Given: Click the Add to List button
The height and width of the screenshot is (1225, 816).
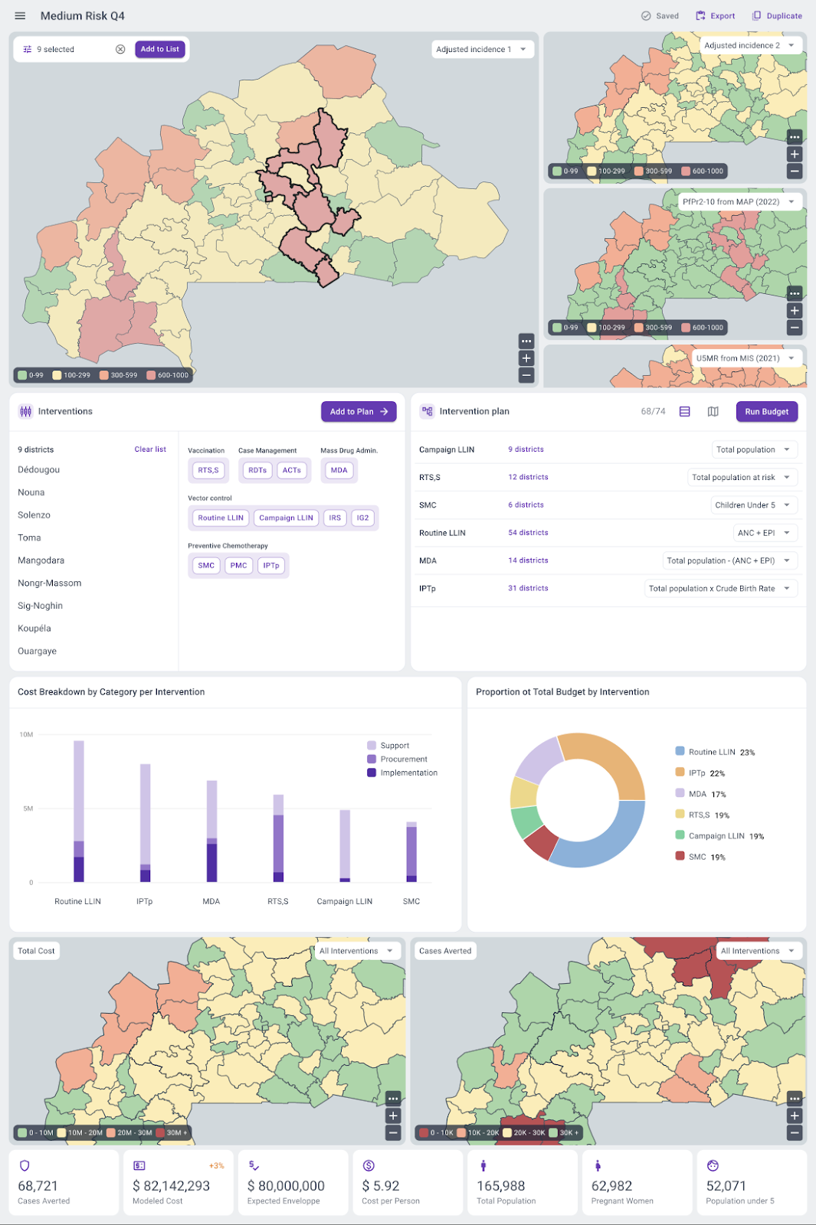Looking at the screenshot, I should (159, 49).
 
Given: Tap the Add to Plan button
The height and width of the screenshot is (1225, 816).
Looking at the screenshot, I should (359, 411).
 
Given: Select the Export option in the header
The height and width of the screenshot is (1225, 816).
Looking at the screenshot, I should (716, 15).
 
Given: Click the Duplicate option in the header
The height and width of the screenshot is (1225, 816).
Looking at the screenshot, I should (777, 15).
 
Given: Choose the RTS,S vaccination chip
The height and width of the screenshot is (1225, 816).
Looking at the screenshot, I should (208, 470).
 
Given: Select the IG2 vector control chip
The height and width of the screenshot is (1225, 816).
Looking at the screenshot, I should (362, 518).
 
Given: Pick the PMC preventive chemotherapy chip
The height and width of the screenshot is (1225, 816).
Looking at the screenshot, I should (238, 565).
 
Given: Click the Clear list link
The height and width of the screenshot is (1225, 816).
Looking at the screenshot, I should (150, 449).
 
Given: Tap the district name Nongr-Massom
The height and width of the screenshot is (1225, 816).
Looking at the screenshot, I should (50, 583).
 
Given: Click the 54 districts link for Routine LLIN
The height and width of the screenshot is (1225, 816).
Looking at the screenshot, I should (528, 532).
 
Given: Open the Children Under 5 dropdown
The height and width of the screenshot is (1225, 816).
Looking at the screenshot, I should (754, 505).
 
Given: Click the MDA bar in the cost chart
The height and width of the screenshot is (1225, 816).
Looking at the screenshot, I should (211, 831).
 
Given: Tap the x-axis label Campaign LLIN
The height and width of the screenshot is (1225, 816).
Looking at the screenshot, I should (345, 901).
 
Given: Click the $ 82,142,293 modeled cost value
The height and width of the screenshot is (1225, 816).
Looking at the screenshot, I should (171, 1185).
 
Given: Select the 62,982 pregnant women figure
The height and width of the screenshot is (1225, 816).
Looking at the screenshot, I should (611, 1185).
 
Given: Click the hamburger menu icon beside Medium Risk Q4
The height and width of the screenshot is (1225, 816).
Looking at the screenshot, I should (21, 15).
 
